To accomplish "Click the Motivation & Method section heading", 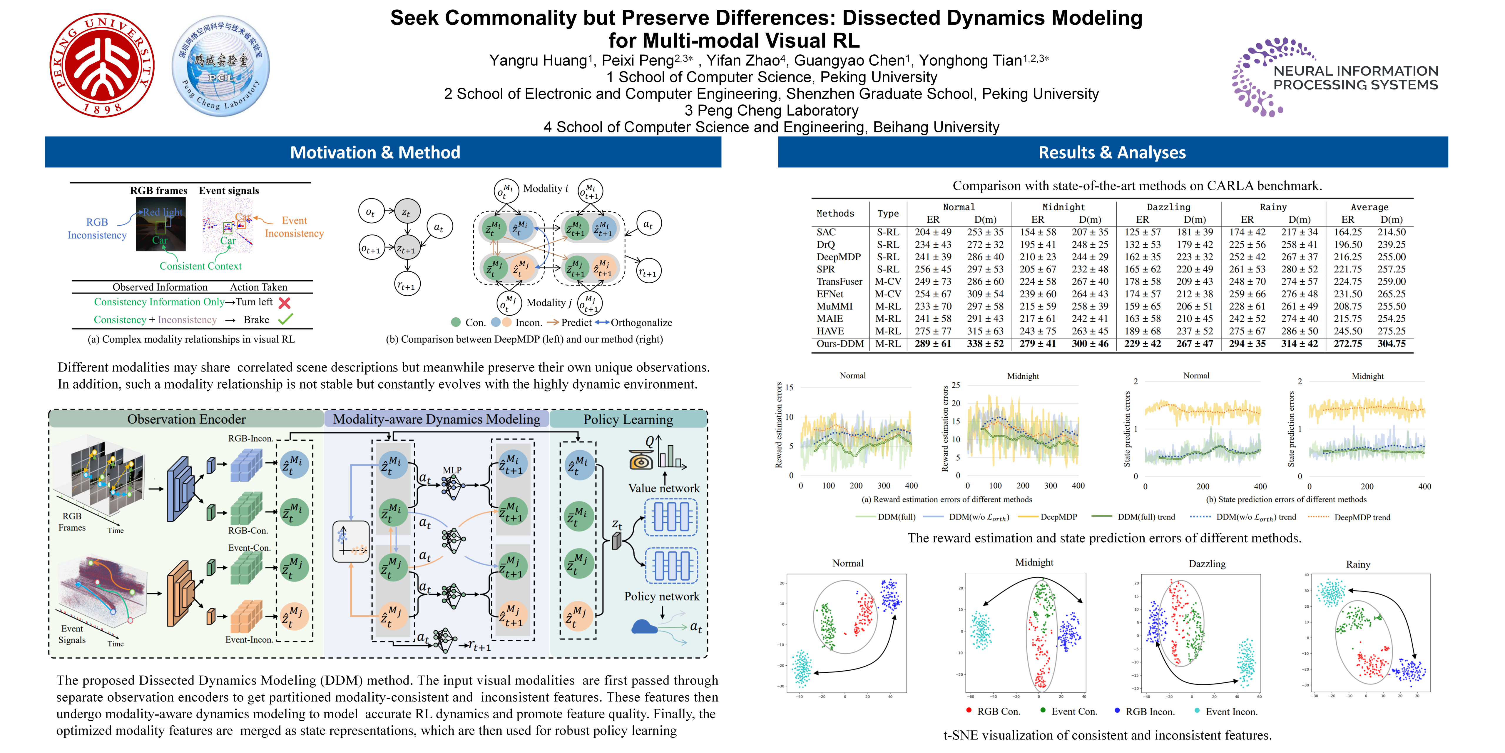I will point(375,153).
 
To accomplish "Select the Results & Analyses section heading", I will point(1112,153).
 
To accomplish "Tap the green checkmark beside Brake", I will point(285,319).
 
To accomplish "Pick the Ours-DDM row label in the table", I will point(840,344).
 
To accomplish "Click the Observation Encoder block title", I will point(186,419).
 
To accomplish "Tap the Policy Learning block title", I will point(628,419).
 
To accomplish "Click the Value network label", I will point(664,488).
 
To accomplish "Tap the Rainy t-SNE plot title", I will point(1358,564).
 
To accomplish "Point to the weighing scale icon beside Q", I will point(641,459).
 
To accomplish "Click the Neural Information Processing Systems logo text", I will point(1355,78).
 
